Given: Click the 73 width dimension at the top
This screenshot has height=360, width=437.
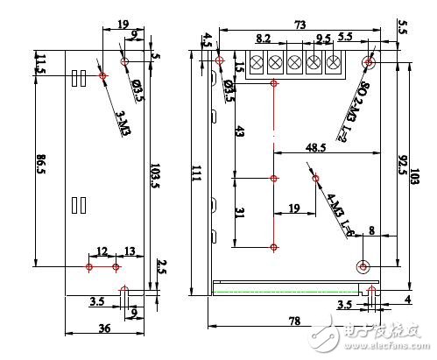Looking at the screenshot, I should pos(300,25).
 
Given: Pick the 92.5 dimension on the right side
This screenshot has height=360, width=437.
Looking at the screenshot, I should pos(400,162).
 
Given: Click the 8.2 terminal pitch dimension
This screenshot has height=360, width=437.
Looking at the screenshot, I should pos(264,39).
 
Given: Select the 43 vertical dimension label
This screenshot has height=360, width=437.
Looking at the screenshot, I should pos(239,131).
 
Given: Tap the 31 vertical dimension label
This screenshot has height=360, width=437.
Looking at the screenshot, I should pos(239,214).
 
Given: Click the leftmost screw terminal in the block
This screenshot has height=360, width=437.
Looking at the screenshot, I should pos(257,62).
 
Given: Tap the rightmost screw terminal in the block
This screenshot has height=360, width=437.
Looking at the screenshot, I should pos(334,62).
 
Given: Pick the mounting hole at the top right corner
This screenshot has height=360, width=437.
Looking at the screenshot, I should pos(370,63).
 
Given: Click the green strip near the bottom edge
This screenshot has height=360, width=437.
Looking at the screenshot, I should pos(289,288).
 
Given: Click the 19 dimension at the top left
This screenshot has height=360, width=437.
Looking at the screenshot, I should pos(122,24).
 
